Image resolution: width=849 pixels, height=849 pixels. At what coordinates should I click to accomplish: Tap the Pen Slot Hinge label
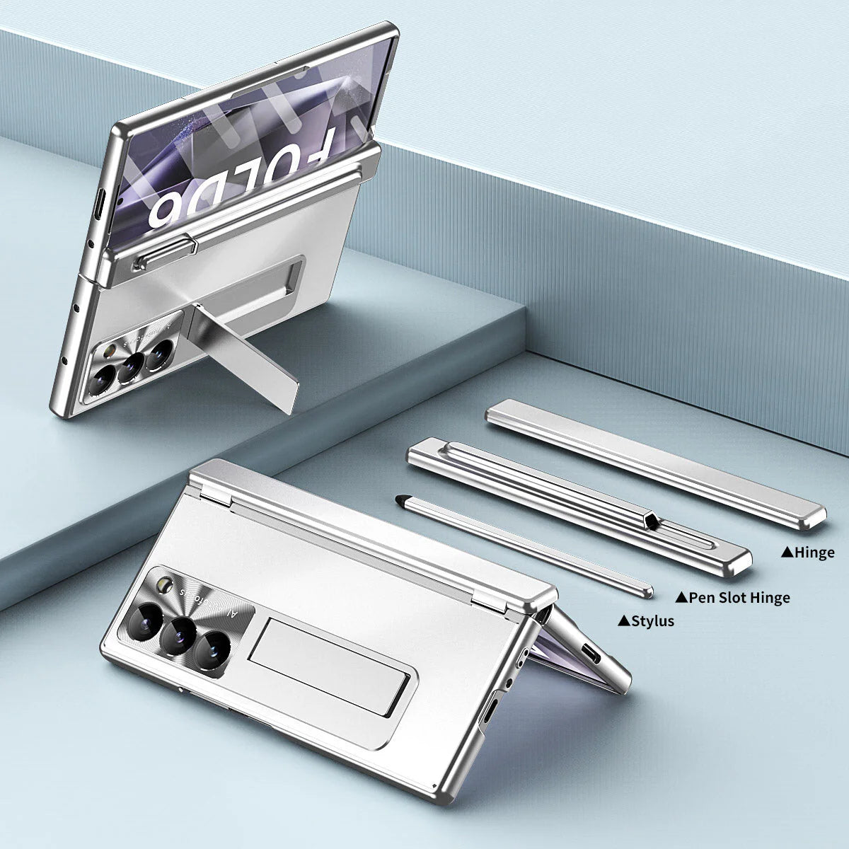point(739,598)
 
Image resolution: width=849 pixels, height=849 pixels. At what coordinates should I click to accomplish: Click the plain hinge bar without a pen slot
point(654,463)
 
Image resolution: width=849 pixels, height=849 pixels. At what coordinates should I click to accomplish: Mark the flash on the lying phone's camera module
point(167,584)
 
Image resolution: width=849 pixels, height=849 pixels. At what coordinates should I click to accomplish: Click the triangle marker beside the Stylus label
point(623,621)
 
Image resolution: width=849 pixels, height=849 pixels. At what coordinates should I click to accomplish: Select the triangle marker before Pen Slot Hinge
point(681,598)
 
